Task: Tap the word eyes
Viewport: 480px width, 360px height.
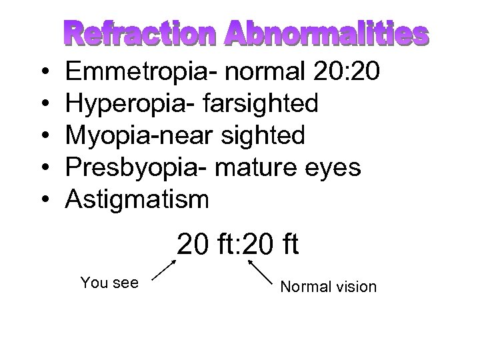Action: (x=338, y=167)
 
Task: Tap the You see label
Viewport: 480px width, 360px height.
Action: (x=109, y=282)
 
